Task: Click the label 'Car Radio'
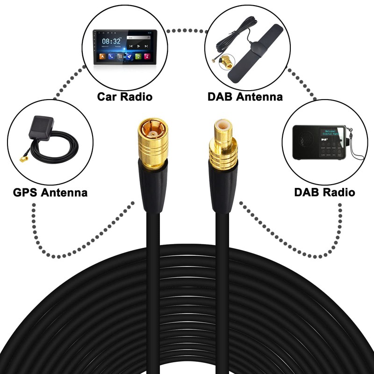click(x=124, y=97)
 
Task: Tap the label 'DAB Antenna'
click(x=245, y=97)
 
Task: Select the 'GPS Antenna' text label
click(x=50, y=192)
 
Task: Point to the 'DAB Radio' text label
click(x=324, y=192)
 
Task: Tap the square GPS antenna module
click(x=41, y=128)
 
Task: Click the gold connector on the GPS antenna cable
click(x=23, y=159)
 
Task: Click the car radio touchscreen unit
click(x=123, y=47)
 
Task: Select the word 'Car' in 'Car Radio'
click(x=107, y=97)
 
